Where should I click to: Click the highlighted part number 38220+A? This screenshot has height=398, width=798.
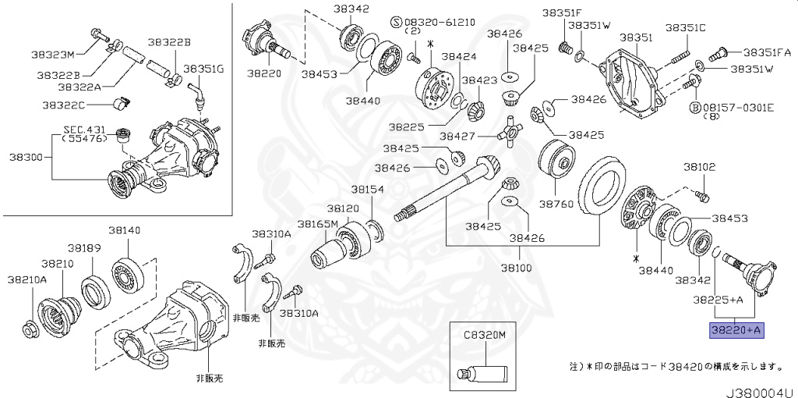click(x=736, y=330)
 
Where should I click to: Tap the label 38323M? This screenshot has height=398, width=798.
click(x=53, y=55)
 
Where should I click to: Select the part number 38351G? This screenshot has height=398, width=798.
click(x=203, y=69)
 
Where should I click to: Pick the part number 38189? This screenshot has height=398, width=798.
click(x=84, y=247)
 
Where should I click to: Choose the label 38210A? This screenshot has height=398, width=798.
click(x=27, y=279)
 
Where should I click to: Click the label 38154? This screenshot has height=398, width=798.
click(x=366, y=189)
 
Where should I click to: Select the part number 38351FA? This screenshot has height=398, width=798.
click(x=766, y=53)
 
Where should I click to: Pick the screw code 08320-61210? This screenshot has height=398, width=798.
click(x=438, y=22)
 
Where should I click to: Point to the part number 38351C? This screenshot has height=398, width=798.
click(x=685, y=28)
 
